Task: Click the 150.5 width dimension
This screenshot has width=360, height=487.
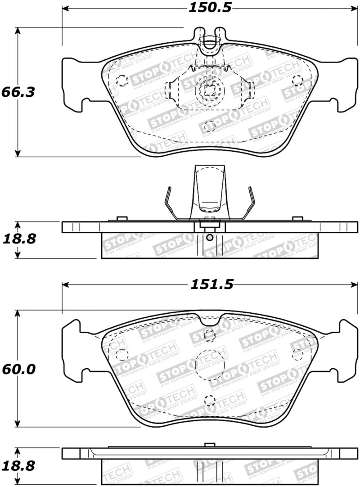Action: point(206,8)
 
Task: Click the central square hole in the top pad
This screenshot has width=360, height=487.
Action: point(209,90)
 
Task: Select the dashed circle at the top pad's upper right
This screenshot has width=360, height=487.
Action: point(297,81)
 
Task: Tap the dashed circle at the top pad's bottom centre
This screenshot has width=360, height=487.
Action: point(209,126)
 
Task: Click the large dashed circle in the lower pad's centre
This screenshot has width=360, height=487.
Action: point(210,363)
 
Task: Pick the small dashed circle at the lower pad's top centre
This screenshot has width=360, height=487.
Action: point(209,334)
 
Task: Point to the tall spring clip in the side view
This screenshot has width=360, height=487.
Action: point(210,191)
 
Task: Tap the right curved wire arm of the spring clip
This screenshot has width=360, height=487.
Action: point(249,203)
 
